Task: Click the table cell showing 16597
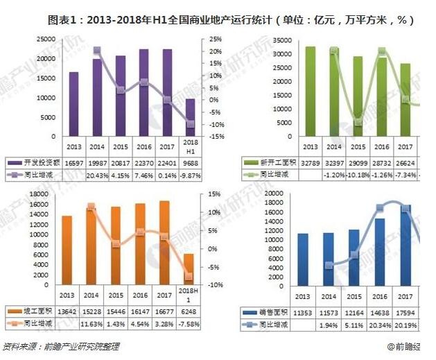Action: pyautogui.click(x=73, y=162)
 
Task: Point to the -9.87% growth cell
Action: pyautogui.click(x=190, y=175)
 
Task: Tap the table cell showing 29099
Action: pyautogui.click(x=357, y=162)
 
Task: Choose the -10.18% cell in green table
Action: pyautogui.click(x=357, y=175)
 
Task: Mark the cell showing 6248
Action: pyautogui.click(x=189, y=311)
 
